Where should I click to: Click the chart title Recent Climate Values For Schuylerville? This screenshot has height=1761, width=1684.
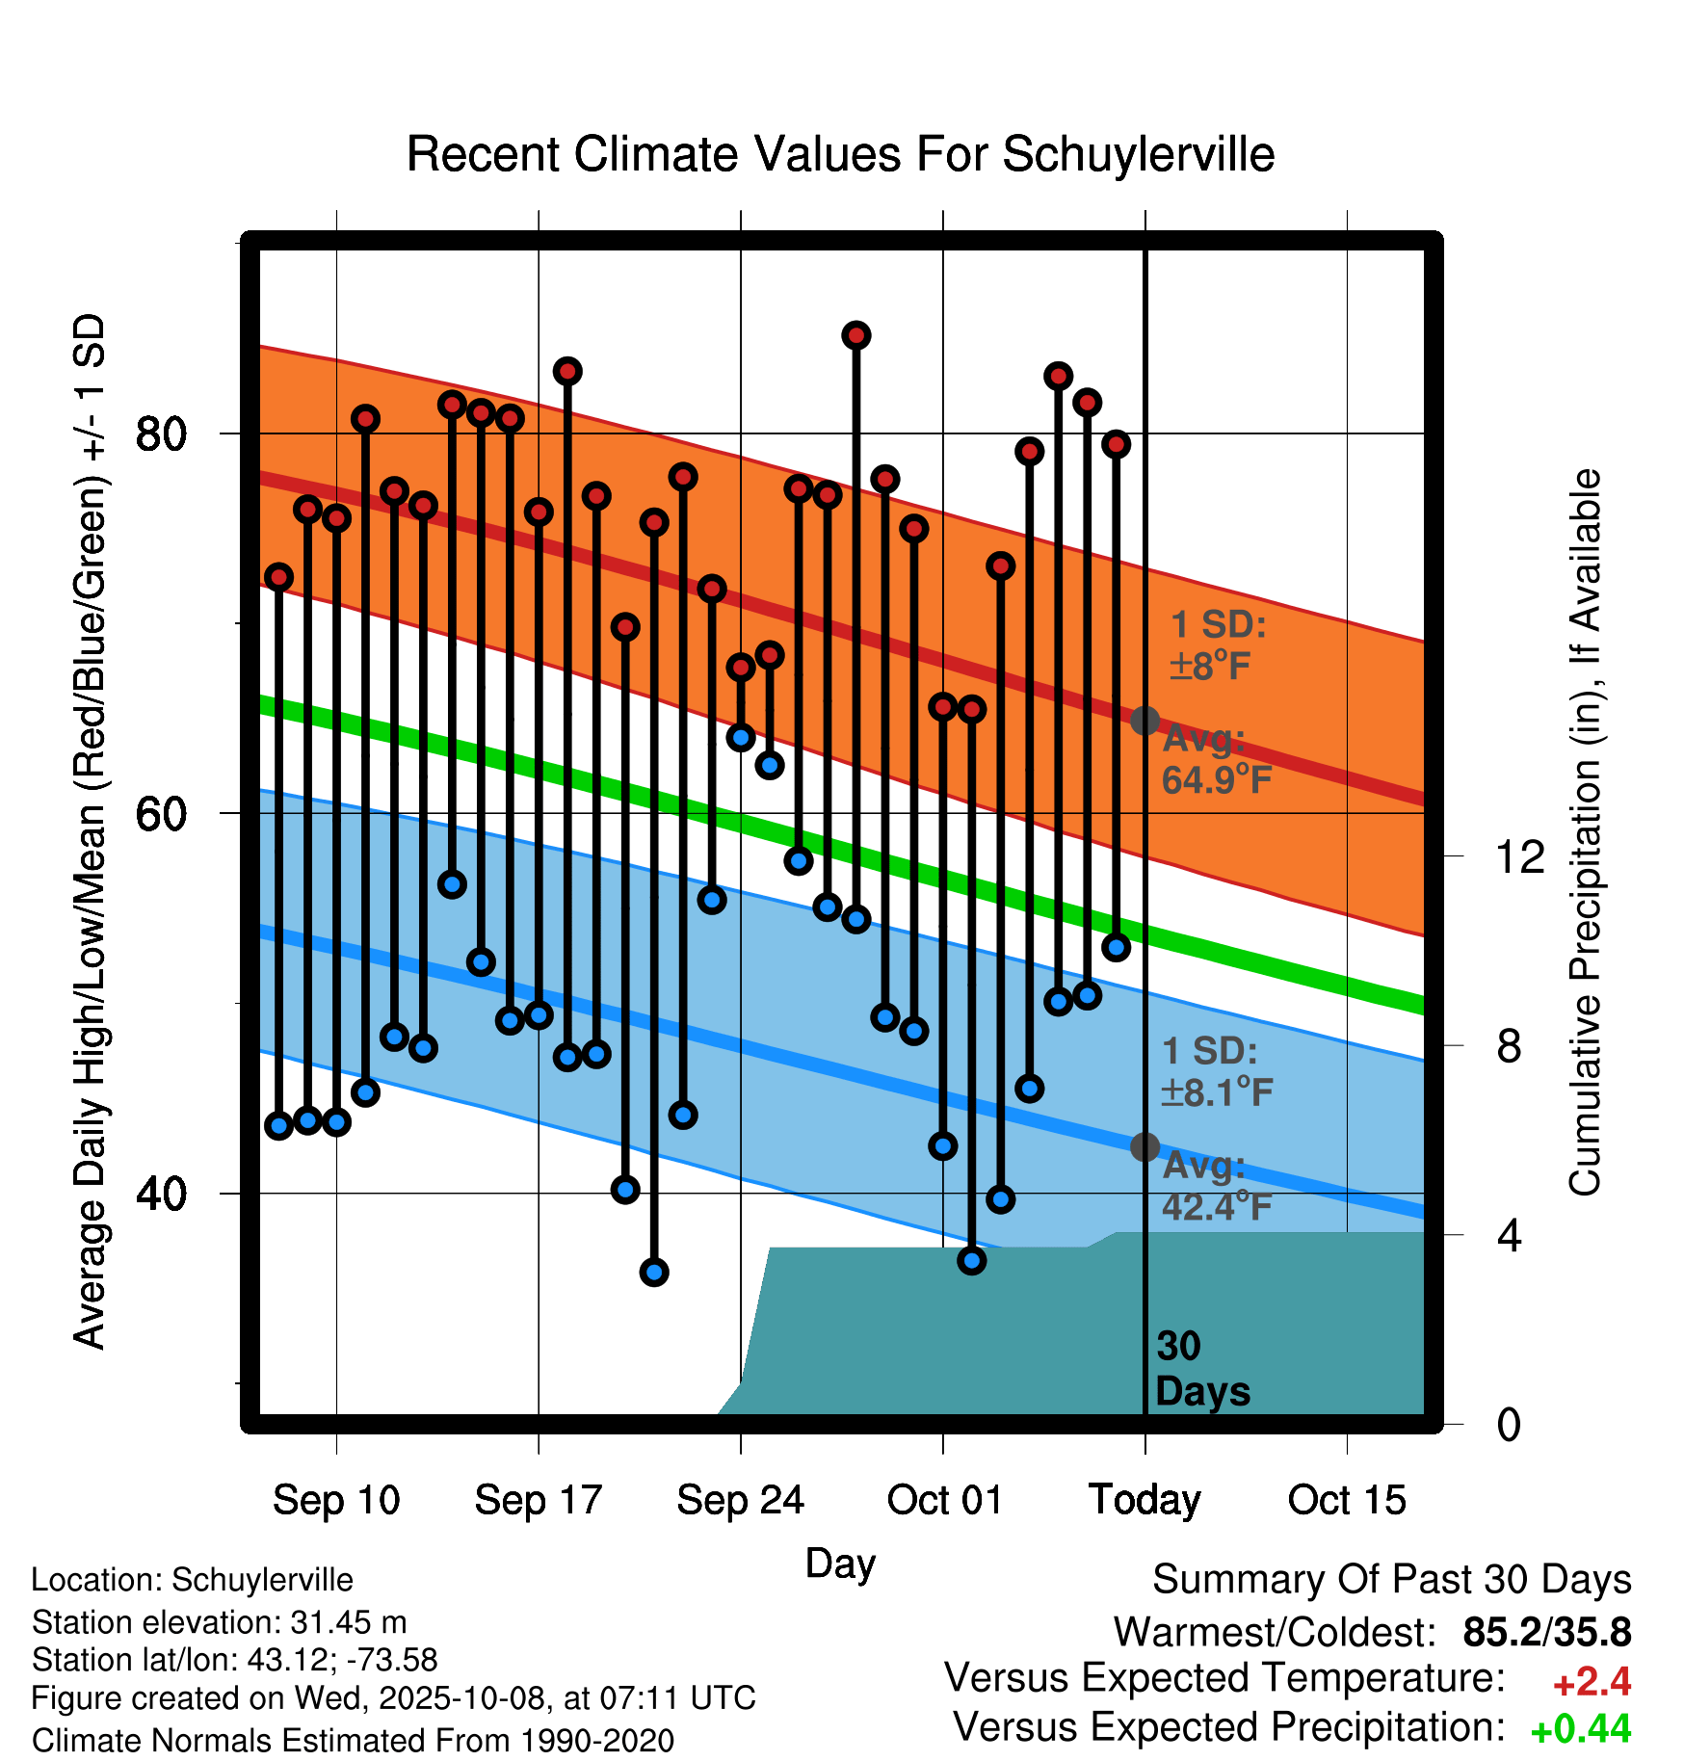point(840,154)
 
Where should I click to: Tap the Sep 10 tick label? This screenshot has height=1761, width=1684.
point(336,1500)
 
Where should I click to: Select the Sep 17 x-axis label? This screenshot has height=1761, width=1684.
point(539,1500)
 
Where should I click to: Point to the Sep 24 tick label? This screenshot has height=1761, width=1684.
point(740,1500)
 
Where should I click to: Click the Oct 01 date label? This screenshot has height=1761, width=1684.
point(944,1500)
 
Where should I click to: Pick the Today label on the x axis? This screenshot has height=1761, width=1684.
point(1145,1500)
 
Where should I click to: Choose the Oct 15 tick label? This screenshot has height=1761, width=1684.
point(1347,1500)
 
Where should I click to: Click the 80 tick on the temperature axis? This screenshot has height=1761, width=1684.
point(161,434)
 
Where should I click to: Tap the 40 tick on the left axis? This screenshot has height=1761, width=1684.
point(161,1195)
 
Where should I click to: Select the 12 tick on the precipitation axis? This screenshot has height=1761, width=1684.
point(1519,856)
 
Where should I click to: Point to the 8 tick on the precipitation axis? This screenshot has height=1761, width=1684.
point(1509,1046)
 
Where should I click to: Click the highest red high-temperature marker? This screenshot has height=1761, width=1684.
point(856,335)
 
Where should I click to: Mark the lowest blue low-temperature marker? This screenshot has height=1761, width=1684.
point(654,1273)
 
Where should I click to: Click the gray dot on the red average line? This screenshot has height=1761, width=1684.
point(1145,721)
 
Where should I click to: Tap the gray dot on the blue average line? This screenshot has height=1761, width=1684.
point(1145,1146)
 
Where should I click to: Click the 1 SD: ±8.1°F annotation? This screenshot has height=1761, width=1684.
point(1216,1071)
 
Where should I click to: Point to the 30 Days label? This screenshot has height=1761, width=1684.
point(1201,1369)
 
